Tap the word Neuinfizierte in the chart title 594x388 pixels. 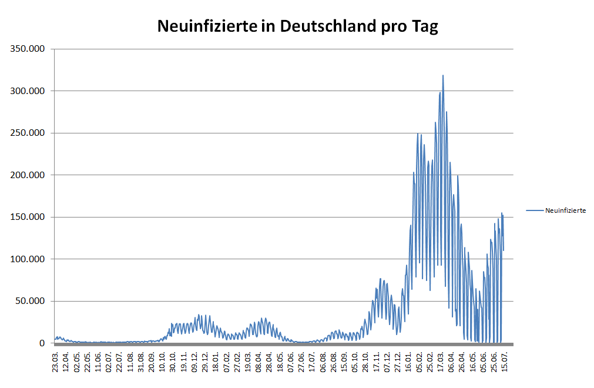207,26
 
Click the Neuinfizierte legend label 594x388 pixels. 565,210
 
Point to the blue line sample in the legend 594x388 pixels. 535,210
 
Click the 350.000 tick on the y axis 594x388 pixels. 28,49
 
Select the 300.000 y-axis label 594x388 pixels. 28,91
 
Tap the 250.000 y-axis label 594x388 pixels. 28,133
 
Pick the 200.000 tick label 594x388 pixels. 28,175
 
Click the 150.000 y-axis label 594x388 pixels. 28,217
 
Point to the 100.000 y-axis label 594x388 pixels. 28,259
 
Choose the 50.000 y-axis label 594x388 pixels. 30,301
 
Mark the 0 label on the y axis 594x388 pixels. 42,343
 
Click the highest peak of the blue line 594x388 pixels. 443,76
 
